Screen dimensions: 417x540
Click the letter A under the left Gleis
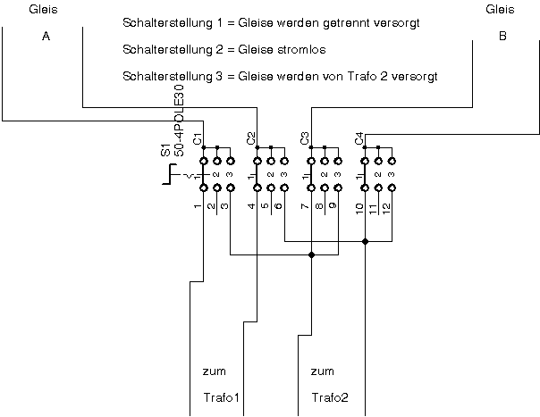pos(46,37)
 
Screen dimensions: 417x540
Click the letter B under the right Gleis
pos(502,37)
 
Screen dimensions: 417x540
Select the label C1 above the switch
pos(198,139)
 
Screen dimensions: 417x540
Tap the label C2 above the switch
pos(251,139)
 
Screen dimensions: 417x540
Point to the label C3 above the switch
pos(305,139)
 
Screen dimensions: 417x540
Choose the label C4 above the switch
pos(359,139)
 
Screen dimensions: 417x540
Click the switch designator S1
pos(166,150)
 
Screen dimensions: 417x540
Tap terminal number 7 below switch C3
pos(305,206)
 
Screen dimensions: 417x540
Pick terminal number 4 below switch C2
pos(251,206)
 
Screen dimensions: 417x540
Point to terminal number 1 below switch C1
pos(198,206)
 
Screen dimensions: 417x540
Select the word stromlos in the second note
pos(274,49)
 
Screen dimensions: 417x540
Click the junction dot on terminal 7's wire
pos(311,255)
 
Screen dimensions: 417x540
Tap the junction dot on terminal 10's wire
pos(365,241)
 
